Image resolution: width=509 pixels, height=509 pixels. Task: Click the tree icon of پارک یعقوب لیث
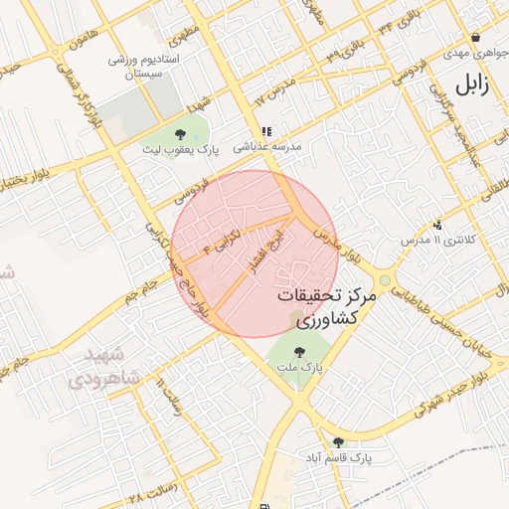tap(179, 134)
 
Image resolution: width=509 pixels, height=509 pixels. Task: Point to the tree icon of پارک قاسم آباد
tap(338, 442)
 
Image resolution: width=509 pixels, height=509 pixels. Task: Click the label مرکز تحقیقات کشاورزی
tap(325, 307)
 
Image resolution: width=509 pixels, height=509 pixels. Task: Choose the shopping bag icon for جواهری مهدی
tap(475, 36)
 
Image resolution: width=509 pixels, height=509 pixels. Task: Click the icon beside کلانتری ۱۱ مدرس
tap(437, 226)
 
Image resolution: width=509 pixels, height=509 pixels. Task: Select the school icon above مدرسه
tap(265, 130)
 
